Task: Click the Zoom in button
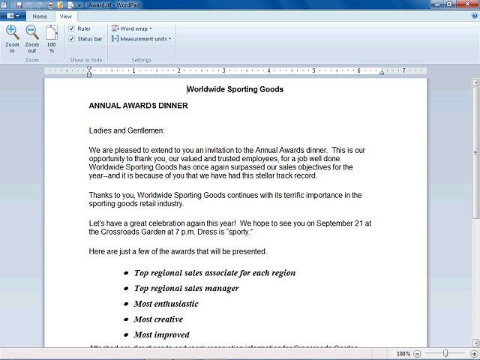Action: coord(13,37)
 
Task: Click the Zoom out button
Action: coord(32,37)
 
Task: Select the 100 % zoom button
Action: coord(51,37)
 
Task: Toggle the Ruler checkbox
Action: coord(71,28)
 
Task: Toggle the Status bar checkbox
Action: coord(71,39)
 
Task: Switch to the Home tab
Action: coord(40,16)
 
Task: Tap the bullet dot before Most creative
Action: coord(126,319)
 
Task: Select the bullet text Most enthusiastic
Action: coord(166,304)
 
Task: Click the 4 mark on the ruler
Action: coord(268,71)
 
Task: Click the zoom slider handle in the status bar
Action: coord(445,353)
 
